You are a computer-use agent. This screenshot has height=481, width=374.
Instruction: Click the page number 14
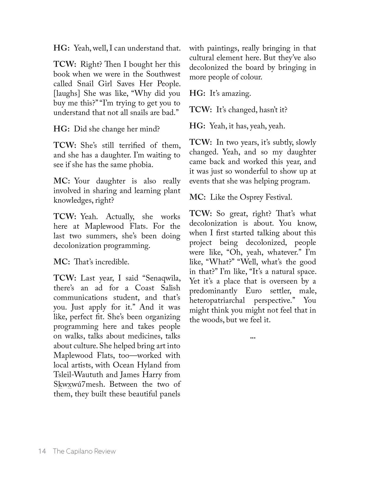[42, 451]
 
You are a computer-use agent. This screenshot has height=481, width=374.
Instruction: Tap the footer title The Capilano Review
[84, 451]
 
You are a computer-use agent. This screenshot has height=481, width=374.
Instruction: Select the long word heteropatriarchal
[217, 300]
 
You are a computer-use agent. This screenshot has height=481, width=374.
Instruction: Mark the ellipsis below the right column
[252, 338]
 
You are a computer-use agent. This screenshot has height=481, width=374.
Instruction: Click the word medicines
[144, 336]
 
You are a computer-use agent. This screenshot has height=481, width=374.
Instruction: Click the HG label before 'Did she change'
[61, 129]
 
